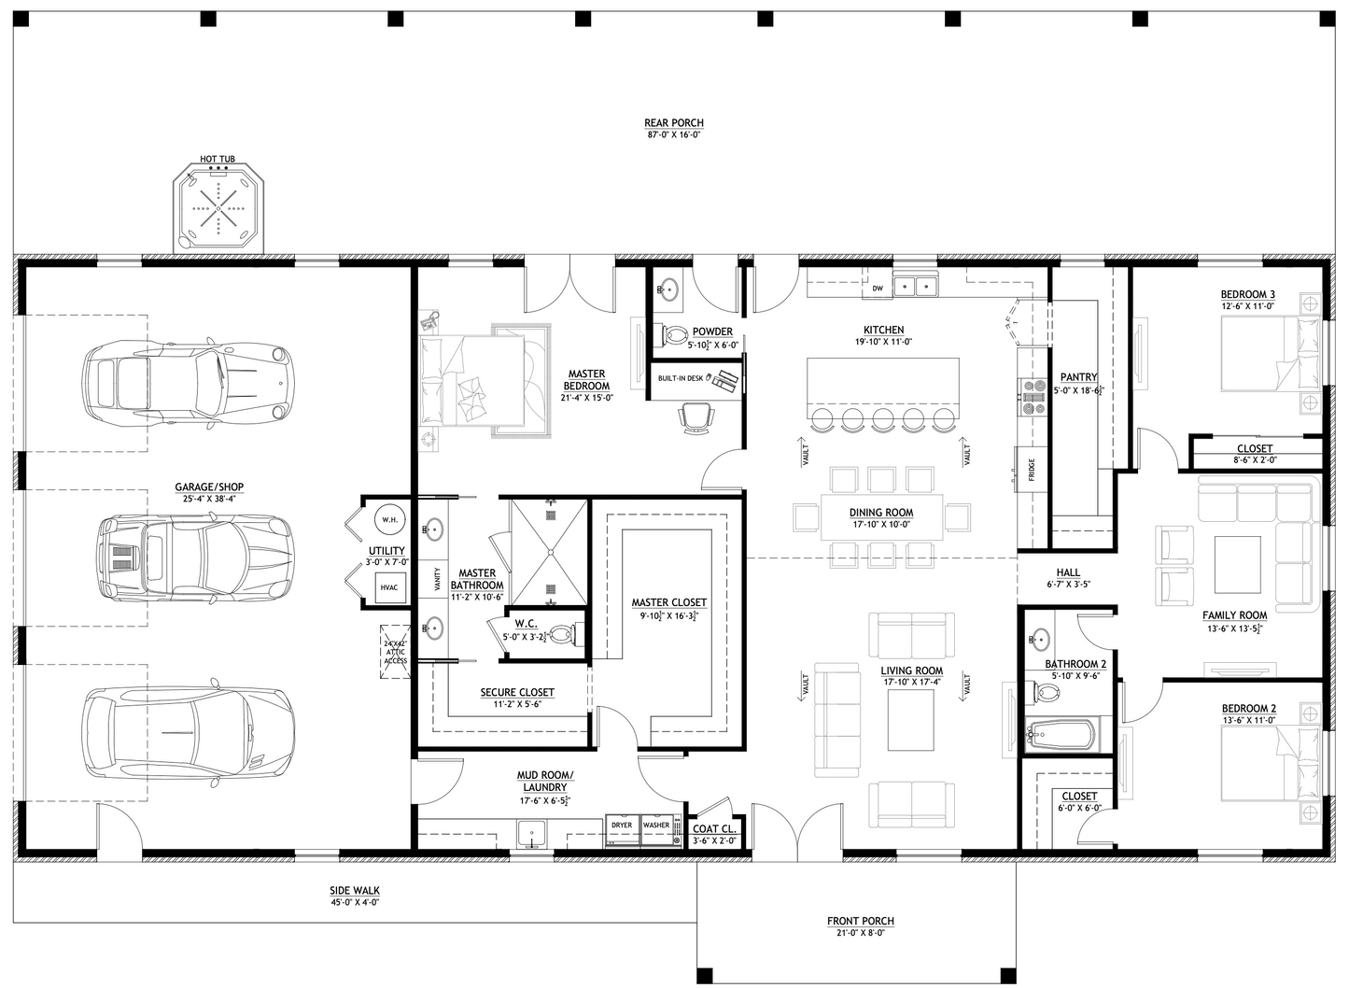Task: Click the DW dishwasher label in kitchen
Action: pos(878,289)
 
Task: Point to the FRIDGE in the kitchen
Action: pos(1030,468)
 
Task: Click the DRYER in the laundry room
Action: pos(622,830)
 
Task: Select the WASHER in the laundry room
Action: pos(656,830)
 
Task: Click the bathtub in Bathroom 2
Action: pos(1061,735)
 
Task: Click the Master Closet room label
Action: pos(668,602)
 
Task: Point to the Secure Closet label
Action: pos(517,692)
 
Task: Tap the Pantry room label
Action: pos(1078,377)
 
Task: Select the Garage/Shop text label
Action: pos(209,487)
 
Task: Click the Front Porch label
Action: pos(860,921)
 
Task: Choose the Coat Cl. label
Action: pos(715,828)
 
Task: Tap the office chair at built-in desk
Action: pos(697,416)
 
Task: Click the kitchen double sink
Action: pos(916,286)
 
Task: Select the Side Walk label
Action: pos(355,891)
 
